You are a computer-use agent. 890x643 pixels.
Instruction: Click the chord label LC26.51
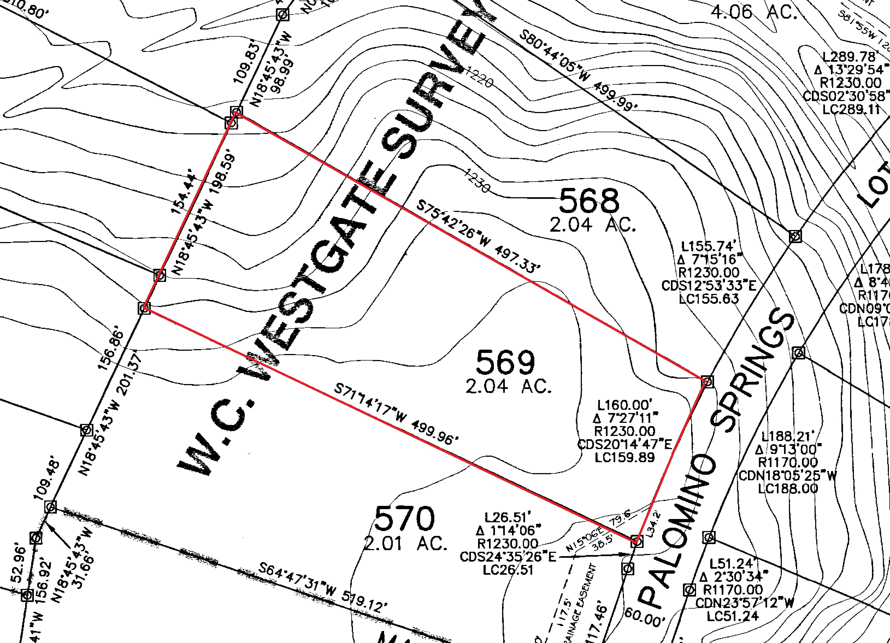point(508,569)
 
